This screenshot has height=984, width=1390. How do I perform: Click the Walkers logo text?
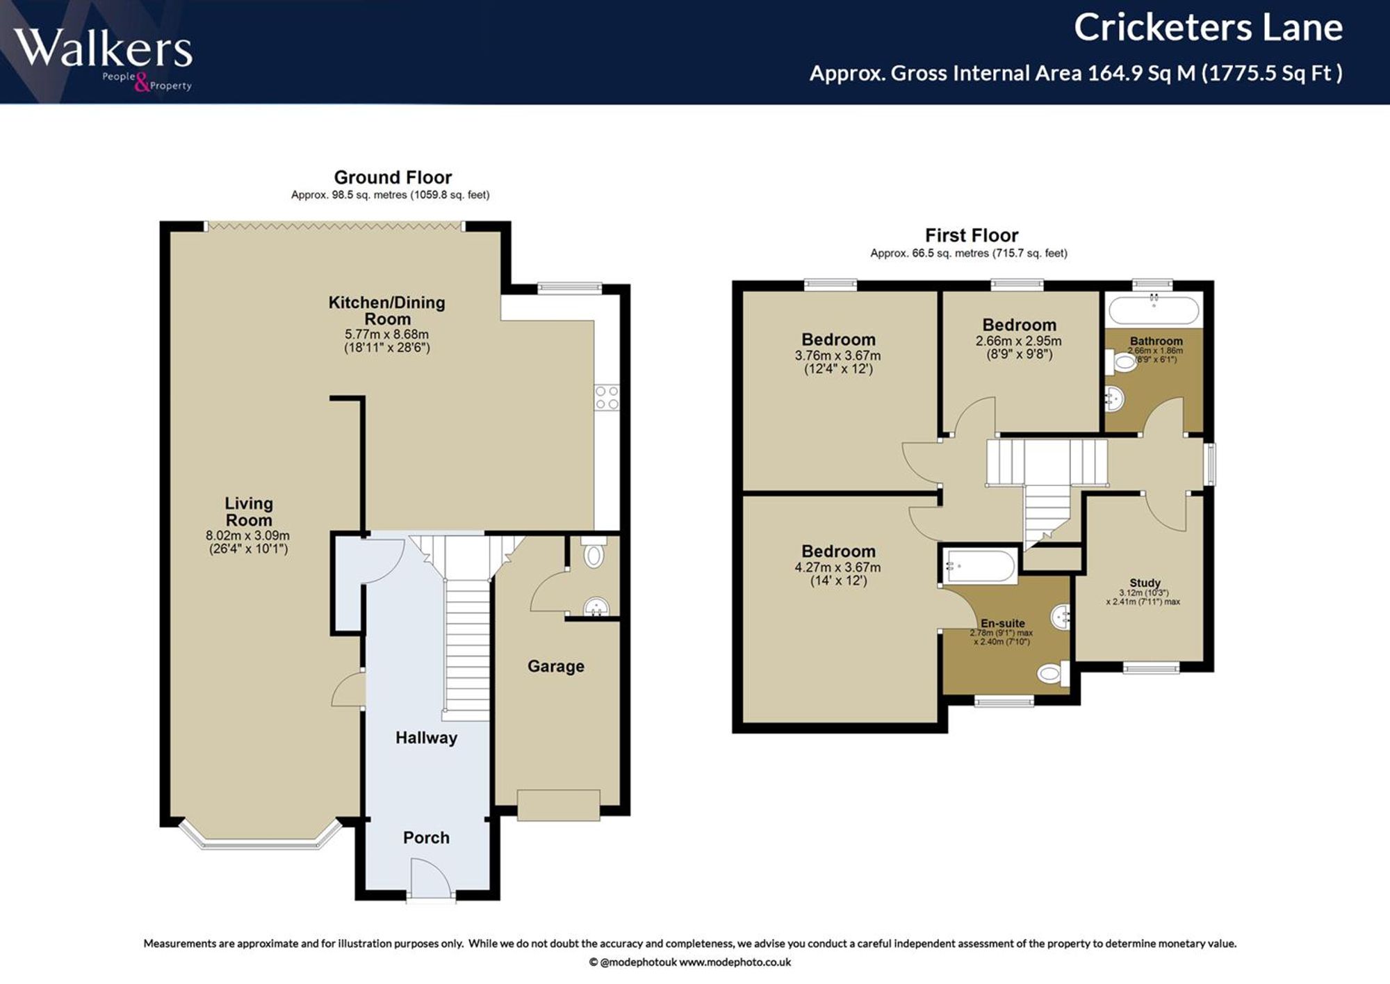tap(103, 49)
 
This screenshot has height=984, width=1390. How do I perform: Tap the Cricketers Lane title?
tap(1208, 28)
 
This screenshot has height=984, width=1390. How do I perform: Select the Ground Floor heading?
tap(393, 177)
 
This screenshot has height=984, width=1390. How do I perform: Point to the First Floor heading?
tap(972, 235)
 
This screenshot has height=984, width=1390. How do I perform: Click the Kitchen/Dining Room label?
tap(387, 311)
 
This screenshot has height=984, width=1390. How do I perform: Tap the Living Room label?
tap(249, 512)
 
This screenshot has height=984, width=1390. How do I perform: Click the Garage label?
tap(556, 666)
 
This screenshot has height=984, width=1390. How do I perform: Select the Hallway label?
tap(426, 738)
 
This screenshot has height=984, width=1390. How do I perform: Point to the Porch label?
tap(426, 838)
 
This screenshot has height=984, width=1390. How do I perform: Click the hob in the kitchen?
tap(607, 398)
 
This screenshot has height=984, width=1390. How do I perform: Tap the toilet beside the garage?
tap(594, 552)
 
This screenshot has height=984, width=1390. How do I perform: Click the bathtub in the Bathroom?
tap(1154, 310)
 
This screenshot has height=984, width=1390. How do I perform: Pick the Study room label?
tap(1145, 583)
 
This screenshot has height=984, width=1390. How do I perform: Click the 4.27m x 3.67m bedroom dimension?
tap(837, 567)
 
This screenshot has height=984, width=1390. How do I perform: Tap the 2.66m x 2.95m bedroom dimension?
tap(1019, 341)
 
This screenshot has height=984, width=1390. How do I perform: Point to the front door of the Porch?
tap(431, 880)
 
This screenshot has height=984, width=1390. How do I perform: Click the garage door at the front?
tap(558, 805)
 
